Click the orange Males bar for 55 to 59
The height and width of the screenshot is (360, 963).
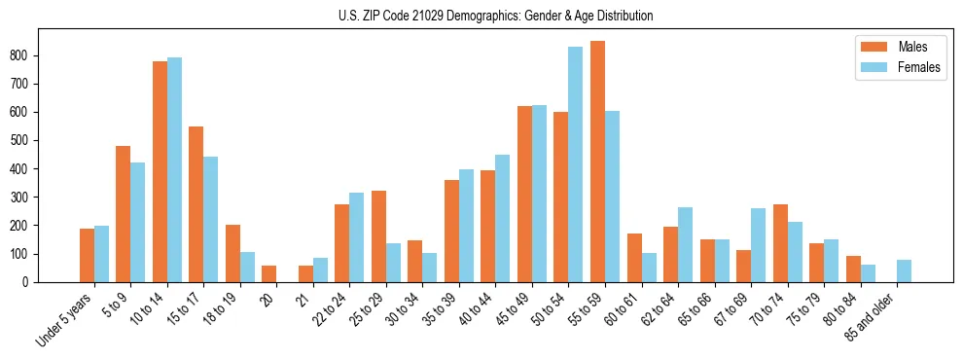pyautogui.click(x=597, y=162)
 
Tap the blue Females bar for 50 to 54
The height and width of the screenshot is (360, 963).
pyautogui.click(x=576, y=164)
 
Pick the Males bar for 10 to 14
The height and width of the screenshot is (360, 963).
pyautogui.click(x=160, y=171)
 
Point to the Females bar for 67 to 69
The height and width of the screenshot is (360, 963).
pyautogui.click(x=758, y=245)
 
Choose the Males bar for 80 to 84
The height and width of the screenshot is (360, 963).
pyautogui.click(x=853, y=270)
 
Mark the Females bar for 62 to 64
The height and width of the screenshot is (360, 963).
pyautogui.click(x=685, y=244)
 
